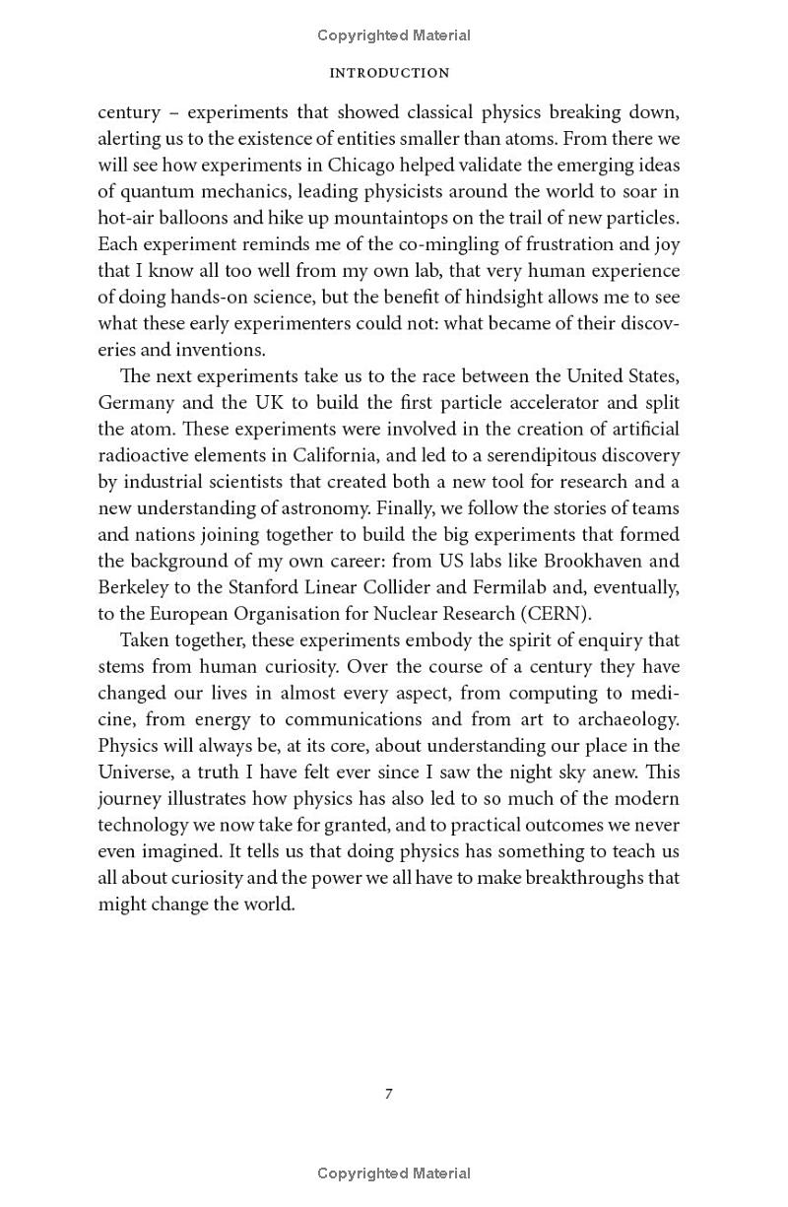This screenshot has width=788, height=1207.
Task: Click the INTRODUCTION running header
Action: (389, 73)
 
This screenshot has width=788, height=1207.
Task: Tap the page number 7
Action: (389, 1094)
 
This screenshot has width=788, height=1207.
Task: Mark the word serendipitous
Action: (528, 455)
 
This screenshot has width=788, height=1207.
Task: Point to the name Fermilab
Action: (537, 587)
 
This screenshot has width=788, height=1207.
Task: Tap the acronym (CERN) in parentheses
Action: (555, 614)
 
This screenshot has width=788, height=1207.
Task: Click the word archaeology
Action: (626, 719)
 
